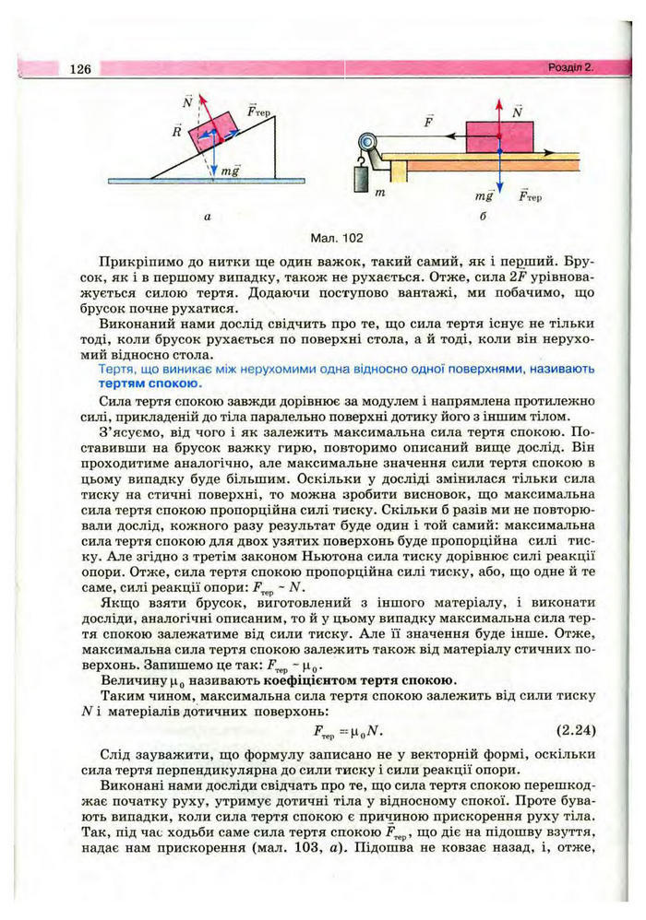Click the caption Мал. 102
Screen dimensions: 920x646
(339, 236)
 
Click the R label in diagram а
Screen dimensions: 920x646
(175, 132)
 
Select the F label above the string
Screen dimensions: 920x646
(428, 121)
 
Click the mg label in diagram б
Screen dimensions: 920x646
(484, 196)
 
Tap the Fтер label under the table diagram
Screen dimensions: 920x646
(530, 196)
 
